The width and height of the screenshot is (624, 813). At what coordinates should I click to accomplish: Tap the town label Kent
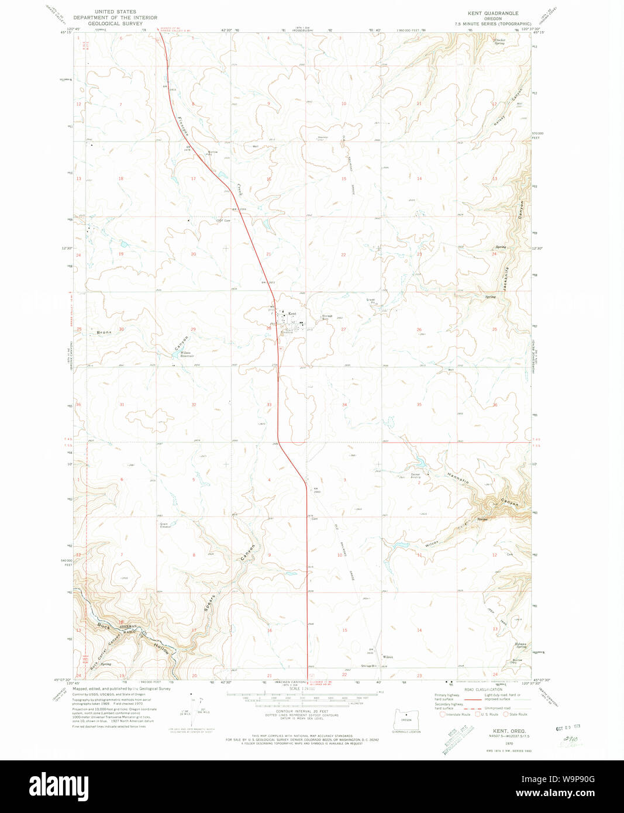click(x=292, y=314)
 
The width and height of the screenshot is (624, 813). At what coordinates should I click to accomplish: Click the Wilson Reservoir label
click(x=185, y=354)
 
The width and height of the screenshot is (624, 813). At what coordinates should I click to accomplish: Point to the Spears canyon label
click(x=212, y=604)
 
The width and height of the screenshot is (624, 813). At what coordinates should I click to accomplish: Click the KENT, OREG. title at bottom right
click(x=509, y=731)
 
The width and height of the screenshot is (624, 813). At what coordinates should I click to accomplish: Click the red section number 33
click(x=269, y=405)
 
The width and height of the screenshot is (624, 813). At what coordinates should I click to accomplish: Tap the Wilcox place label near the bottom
click(x=387, y=657)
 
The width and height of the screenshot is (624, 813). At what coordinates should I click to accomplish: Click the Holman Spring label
click(x=520, y=645)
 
